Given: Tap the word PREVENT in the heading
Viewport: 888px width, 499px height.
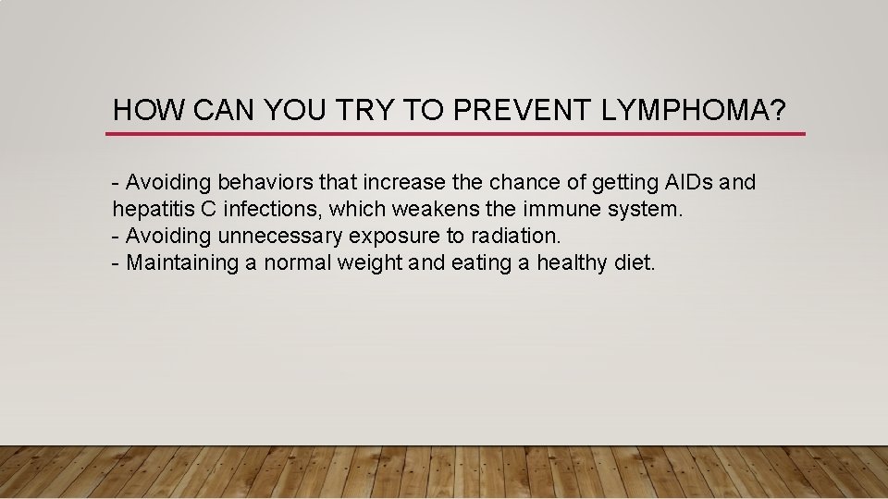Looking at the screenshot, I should [523, 112].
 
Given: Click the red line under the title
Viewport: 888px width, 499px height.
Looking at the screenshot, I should [455, 134].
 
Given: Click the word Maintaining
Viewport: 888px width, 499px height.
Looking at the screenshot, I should [182, 263].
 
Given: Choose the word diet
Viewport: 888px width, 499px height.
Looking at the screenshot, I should [634, 262].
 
